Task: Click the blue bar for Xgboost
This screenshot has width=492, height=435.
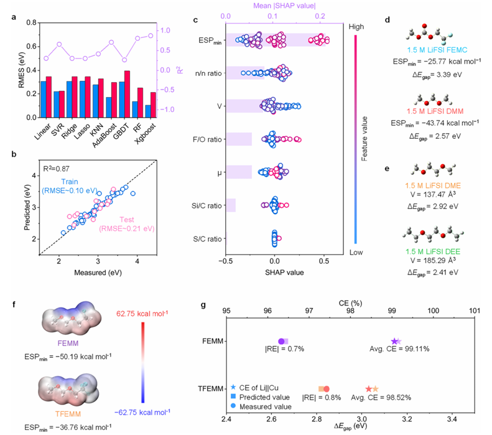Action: pos(148,111)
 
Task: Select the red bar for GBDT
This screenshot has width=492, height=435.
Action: pos(127,94)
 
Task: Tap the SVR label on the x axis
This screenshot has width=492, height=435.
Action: pos(57,129)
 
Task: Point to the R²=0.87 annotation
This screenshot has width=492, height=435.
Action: pos(56,169)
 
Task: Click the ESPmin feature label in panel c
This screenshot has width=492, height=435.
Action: pos(210,41)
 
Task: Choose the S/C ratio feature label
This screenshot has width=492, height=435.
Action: pos(207,239)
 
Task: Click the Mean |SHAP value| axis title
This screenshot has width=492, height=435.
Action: pos(284,6)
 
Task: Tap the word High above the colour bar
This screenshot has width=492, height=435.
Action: pos(356,27)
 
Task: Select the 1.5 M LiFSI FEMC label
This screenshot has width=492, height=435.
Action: pos(437,50)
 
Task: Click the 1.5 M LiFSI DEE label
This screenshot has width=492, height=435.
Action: pos(433,251)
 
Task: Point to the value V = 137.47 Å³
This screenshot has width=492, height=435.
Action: pos(433,194)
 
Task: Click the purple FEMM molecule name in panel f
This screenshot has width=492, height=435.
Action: pos(68,344)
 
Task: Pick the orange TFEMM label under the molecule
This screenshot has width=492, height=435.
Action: pos(68,414)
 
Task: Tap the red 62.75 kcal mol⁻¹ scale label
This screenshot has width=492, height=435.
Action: pos(142,314)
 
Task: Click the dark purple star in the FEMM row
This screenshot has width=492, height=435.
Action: pos(394,341)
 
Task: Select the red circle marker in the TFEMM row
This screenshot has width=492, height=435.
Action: pos(327,389)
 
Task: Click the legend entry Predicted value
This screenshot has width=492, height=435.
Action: pos(264,397)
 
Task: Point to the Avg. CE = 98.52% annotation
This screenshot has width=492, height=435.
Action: pos(381,397)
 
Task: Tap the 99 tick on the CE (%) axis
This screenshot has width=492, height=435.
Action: pos(392,311)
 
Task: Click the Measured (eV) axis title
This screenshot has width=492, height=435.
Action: pos(98,273)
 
